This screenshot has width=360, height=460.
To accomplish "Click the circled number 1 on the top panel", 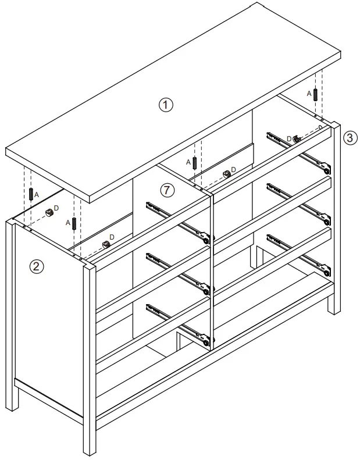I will pyautogui.click(x=166, y=105).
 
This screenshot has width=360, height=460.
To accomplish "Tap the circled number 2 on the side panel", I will pyautogui.click(x=36, y=267).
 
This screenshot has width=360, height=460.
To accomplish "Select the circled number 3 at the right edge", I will pyautogui.click(x=348, y=138).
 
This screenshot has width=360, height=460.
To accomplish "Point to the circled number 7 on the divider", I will pyautogui.click(x=167, y=190).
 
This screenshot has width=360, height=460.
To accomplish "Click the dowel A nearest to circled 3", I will pyautogui.click(x=315, y=94).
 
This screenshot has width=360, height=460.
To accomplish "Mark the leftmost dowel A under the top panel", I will pyautogui.click(x=30, y=194).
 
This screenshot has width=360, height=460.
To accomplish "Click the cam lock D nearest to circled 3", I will pyautogui.click(x=296, y=138).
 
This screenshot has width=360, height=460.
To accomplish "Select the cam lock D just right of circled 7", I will pyautogui.click(x=226, y=173).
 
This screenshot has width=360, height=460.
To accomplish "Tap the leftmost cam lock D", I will pyautogui.click(x=49, y=212).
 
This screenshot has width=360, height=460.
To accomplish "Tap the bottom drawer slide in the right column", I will pyautogui.click(x=299, y=253).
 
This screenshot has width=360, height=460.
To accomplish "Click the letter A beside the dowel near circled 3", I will pyautogui.click(x=309, y=93).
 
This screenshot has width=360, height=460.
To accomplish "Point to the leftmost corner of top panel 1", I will pyautogui.click(x=6, y=152).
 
